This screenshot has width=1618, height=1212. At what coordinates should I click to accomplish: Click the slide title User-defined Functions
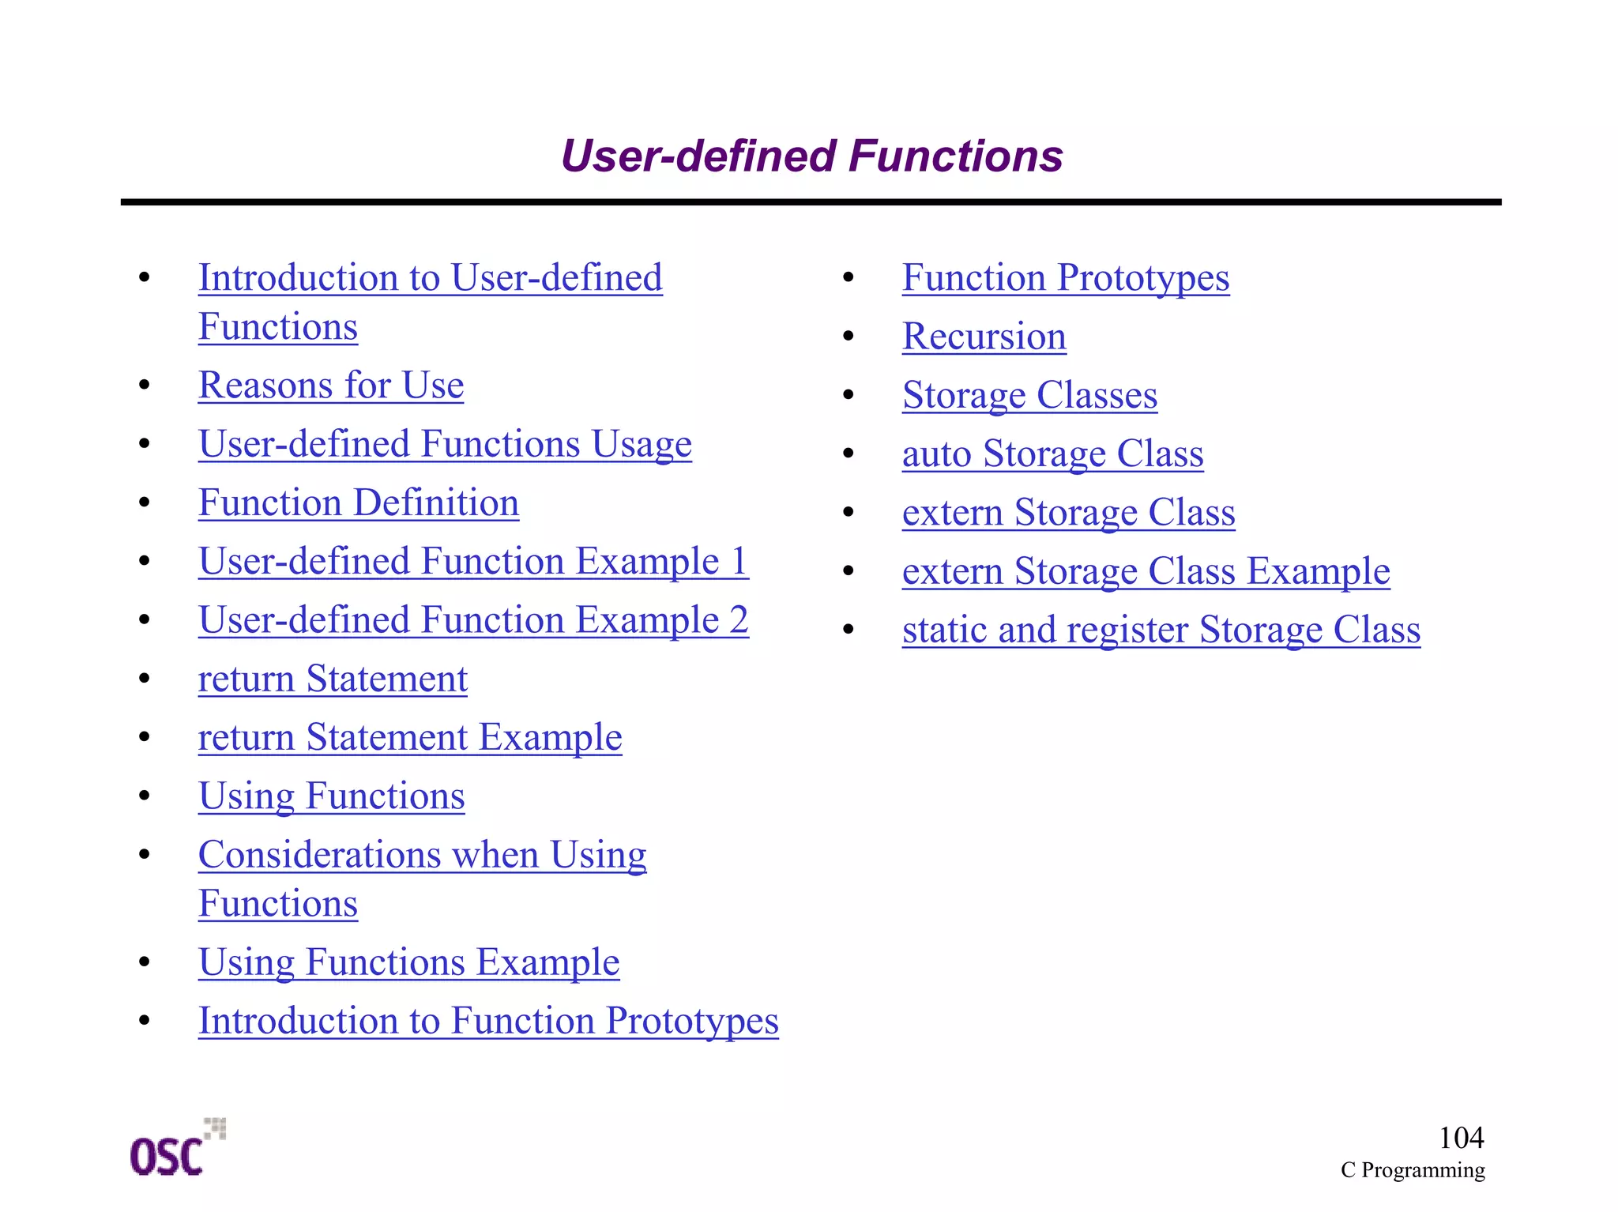[x=811, y=156]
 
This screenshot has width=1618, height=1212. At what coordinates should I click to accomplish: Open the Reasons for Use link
[x=331, y=386]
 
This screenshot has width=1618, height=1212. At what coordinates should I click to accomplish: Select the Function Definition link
[x=359, y=503]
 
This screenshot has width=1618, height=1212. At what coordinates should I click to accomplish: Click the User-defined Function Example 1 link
[x=473, y=562]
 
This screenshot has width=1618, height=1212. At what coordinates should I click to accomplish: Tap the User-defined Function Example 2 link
[x=473, y=620]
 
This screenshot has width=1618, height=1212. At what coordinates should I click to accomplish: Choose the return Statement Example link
[x=410, y=738]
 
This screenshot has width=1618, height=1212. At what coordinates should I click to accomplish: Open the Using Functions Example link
[x=408, y=962]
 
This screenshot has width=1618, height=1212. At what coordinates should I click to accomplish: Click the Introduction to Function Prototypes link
[x=488, y=1021]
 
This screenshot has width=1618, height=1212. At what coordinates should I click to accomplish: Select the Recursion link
[x=984, y=337]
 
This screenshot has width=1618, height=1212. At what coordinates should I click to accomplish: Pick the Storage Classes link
[x=1029, y=396]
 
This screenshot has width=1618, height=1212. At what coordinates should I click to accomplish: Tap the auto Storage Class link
[x=1052, y=454]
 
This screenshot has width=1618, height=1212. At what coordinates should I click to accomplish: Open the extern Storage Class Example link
[x=1146, y=571]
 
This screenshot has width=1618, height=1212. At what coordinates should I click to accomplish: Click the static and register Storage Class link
[x=1161, y=630]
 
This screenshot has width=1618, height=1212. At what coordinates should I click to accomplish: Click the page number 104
[x=1461, y=1138]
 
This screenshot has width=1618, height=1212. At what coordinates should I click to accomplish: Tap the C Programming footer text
[x=1412, y=1170]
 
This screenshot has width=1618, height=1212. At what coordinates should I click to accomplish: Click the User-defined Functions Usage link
[x=445, y=445]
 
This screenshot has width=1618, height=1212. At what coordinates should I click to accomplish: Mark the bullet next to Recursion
[x=849, y=337]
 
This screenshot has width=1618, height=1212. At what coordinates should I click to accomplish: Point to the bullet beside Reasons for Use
[x=144, y=386]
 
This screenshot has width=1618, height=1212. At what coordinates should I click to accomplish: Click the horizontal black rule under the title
[x=811, y=202]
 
